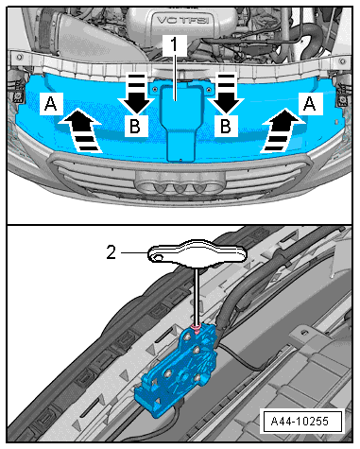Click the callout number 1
175,45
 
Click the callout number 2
111,252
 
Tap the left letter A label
51,103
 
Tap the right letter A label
309,103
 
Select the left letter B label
135,126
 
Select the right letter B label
226,126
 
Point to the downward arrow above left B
136,94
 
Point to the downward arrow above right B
226,94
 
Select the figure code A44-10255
300,421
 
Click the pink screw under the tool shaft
197,330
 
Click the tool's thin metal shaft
197,297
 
